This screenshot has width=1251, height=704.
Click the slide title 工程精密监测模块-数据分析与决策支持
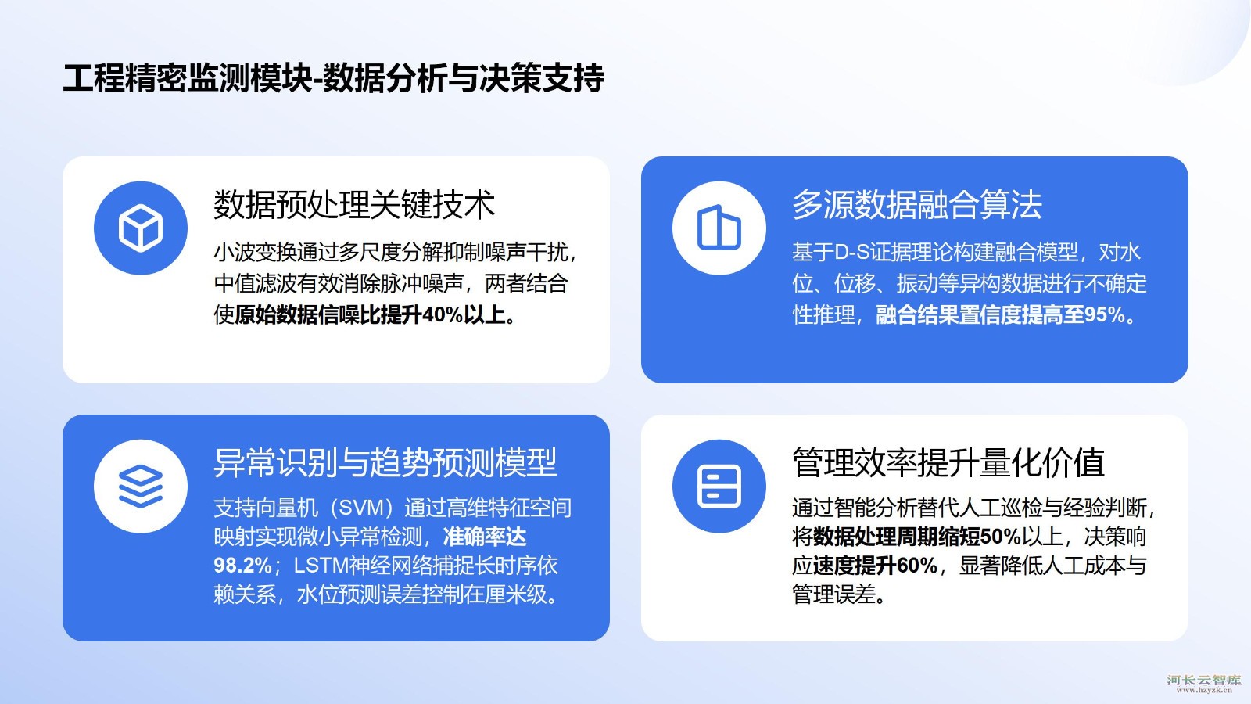pos(333,77)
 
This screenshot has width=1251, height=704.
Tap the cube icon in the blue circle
pos(141,228)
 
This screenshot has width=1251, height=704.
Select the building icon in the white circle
pos(719,228)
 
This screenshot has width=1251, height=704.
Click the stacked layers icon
pos(141,486)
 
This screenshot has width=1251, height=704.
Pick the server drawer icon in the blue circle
pos(719,486)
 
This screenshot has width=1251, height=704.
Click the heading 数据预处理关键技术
pos(354,204)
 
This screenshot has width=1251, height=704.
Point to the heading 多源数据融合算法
pos(917,204)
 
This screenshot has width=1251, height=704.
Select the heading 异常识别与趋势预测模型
pos(385,462)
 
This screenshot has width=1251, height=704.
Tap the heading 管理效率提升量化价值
pos(948,462)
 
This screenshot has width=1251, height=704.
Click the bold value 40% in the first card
pos(443,315)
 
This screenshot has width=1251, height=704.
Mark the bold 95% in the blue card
pos(1105,315)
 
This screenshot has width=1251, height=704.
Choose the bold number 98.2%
pos(242,566)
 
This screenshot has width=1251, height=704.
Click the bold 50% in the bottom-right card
pos(1001,537)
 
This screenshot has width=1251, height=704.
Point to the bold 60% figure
pos(917,566)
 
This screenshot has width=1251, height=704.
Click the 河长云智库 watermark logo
pos(1203,684)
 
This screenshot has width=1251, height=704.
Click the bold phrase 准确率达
pos(485,537)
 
